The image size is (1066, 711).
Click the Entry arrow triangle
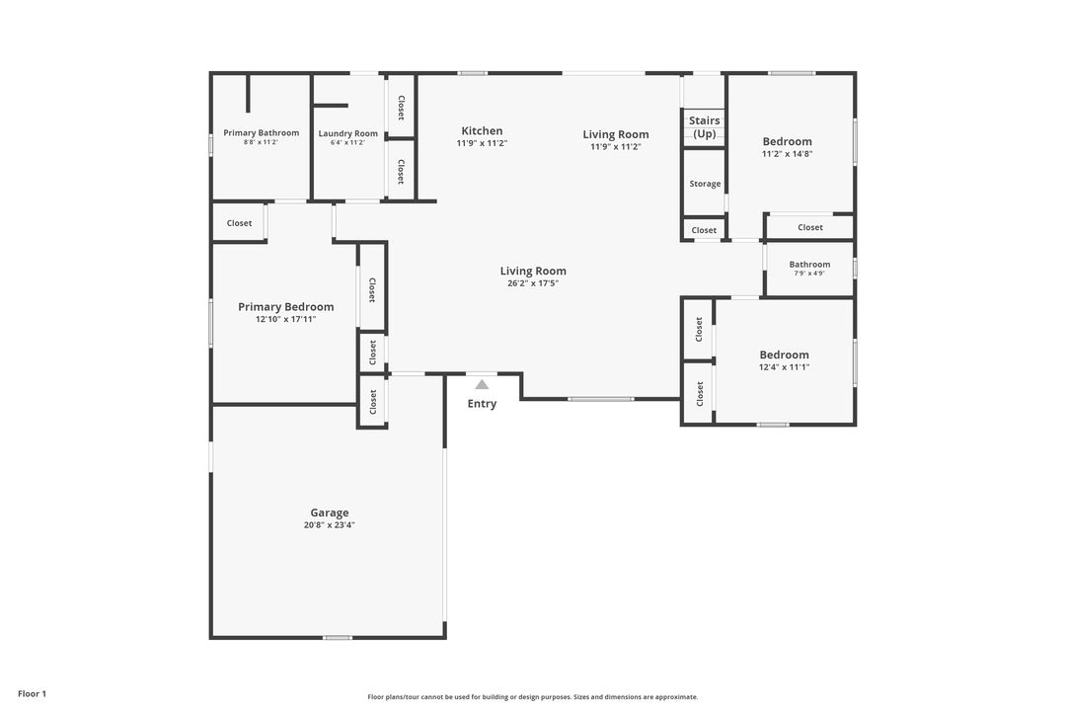[x=482, y=385]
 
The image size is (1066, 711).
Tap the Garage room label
[x=330, y=513]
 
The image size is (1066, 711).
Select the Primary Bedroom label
[x=285, y=307]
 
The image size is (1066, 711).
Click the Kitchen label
[x=482, y=130]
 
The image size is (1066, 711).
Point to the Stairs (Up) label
[x=705, y=127]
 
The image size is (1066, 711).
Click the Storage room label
[x=705, y=184]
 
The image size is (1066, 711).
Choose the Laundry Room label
[x=348, y=133]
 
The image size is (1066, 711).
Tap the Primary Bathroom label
[x=261, y=132]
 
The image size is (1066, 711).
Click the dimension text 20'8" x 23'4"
[x=330, y=525]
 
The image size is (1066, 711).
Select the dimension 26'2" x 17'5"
[x=533, y=283]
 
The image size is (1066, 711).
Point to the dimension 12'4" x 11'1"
[x=785, y=367]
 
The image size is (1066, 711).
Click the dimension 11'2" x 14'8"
[x=788, y=154]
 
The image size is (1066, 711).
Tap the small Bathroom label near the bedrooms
[x=809, y=264]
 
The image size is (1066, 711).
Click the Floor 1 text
[x=32, y=694]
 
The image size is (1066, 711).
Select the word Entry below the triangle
[x=482, y=404]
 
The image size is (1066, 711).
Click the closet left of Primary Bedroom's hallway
[x=239, y=223]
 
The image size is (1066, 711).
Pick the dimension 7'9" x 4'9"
[x=809, y=274]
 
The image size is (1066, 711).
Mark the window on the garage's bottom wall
[x=338, y=638]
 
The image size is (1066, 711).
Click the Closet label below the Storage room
[x=704, y=230]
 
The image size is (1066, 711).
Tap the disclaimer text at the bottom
[x=533, y=697]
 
